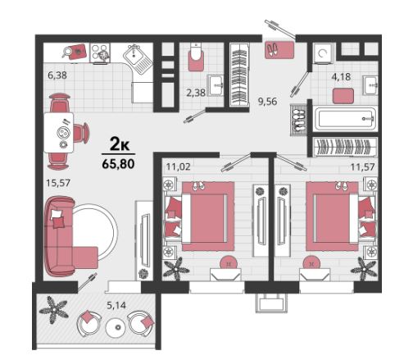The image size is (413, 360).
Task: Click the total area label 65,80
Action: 118,164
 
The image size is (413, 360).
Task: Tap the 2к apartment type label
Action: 120,145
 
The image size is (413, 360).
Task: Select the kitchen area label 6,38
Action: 57,75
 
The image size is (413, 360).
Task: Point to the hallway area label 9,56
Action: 267,102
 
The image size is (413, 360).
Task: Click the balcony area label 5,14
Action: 116,305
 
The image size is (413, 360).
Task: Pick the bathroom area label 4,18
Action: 341,77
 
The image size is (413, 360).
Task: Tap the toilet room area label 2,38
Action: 196,93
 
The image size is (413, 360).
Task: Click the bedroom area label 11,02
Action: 179,166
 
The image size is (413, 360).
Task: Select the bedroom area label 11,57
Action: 362,166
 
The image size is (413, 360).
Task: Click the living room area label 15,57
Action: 58,183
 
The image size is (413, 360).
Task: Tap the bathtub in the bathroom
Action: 345,119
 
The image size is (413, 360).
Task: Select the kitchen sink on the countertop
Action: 137,59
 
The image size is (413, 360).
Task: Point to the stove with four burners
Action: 100,53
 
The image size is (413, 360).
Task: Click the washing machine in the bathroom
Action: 323,53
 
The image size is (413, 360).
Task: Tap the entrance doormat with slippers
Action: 279,50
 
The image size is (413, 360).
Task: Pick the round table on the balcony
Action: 117,327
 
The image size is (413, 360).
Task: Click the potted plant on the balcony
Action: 53,310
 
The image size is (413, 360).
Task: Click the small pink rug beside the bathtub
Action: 343,96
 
